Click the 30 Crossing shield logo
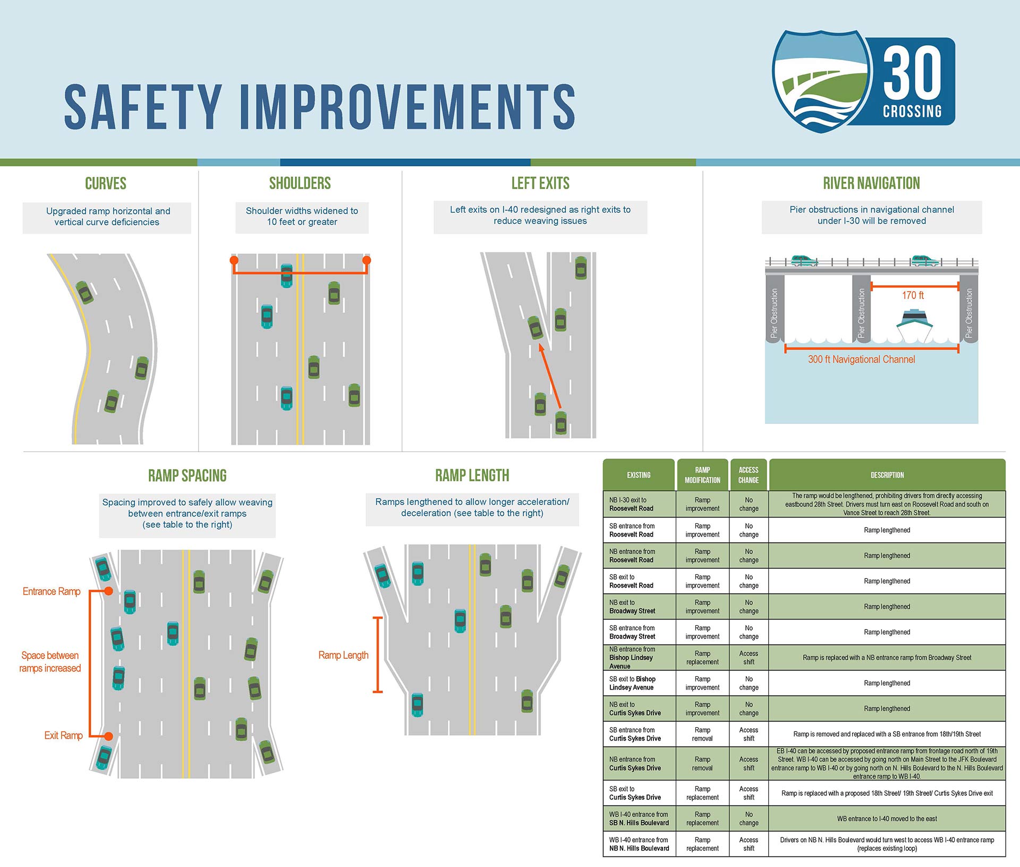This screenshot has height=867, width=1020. click(863, 81)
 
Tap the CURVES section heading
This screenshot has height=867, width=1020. click(106, 184)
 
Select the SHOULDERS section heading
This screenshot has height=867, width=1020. click(300, 183)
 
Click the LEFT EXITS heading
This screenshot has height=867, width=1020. click(540, 183)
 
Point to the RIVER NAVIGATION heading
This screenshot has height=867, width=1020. click(871, 183)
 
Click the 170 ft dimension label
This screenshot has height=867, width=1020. click(913, 295)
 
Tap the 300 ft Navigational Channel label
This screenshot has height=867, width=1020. click(861, 360)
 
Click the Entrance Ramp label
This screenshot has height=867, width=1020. click(52, 592)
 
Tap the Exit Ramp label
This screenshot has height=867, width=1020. click(63, 736)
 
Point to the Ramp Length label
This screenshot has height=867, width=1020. click(343, 656)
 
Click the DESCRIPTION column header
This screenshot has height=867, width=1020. click(887, 475)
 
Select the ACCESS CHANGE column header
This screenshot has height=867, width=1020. click(749, 475)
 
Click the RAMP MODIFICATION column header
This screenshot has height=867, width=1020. click(702, 475)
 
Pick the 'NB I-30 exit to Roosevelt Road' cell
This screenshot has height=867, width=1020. click(639, 504)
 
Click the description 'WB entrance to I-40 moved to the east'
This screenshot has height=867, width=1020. click(887, 819)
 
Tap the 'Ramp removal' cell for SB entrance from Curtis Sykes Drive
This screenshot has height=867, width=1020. click(702, 734)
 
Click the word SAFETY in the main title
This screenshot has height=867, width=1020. click(143, 107)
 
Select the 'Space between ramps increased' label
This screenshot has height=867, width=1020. click(50, 662)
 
